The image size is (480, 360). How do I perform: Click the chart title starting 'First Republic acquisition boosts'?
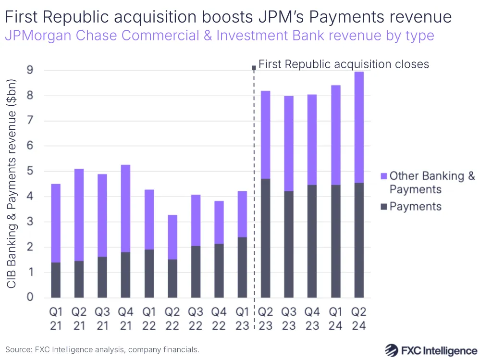(228, 17)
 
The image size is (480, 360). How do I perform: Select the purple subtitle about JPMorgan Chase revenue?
(219, 36)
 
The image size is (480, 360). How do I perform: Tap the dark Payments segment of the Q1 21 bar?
(56, 280)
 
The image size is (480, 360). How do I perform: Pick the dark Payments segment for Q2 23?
(266, 238)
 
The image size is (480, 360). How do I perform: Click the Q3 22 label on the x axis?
(196, 318)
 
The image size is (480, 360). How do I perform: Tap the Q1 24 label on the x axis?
(336, 318)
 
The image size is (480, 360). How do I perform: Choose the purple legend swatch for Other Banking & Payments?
(383, 176)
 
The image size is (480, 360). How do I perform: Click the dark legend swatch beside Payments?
(383, 207)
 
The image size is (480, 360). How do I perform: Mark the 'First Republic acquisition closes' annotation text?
(343, 64)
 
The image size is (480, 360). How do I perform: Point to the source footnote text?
(102, 349)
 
